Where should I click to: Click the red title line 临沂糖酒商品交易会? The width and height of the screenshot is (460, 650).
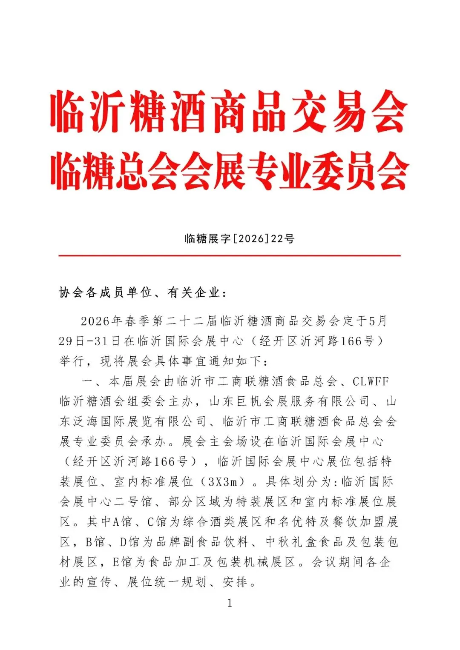click(x=229, y=112)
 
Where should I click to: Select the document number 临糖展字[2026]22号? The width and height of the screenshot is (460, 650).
click(x=239, y=239)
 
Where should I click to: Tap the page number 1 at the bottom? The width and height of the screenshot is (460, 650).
click(x=230, y=603)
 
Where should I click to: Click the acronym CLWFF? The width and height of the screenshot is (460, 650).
click(x=371, y=381)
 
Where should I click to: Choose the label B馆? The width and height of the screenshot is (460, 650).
click(x=95, y=542)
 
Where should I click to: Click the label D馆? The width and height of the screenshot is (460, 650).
click(x=129, y=542)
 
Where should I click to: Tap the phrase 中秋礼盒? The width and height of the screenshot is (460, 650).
click(x=292, y=542)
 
